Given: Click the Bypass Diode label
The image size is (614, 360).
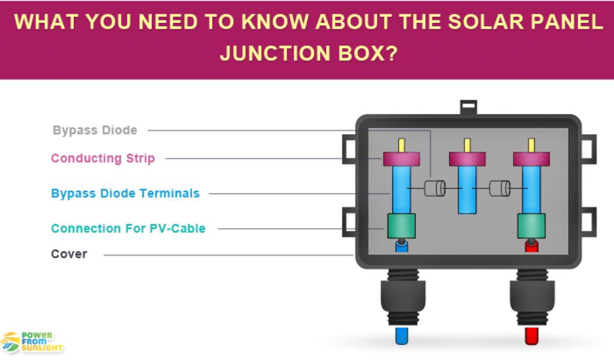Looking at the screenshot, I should coord(95,130).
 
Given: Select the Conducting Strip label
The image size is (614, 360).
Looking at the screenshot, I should coord(103,158).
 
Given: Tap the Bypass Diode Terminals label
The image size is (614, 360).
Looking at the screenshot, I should coord(125,193).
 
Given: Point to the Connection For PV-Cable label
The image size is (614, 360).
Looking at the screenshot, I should coord(128,229).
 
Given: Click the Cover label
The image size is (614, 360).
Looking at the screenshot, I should coord(69,254).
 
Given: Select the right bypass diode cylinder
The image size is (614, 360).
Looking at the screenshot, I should coord(499,189).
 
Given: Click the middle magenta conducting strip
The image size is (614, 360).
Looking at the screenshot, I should coord(467,159).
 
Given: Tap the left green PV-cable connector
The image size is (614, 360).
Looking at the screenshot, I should coord(402,226).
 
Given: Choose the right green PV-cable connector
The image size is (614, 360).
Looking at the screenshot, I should coord(531,226).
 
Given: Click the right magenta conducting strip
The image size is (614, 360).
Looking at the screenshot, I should coord(531,159).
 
